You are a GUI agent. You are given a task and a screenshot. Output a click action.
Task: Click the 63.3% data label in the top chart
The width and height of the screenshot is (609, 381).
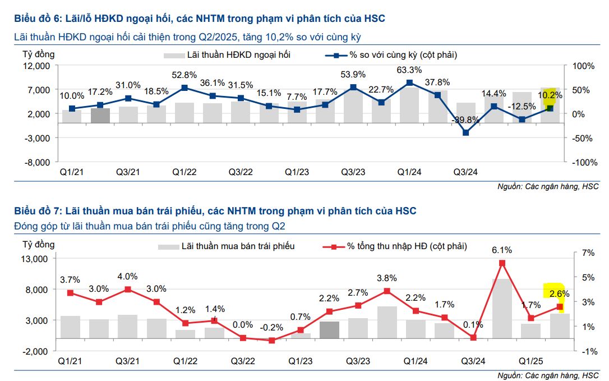pos(409,70)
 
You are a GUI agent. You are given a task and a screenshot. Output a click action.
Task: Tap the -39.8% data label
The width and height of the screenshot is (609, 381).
pos(465,120)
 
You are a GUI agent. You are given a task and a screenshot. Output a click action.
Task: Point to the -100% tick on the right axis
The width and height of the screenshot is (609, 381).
pos(583,162)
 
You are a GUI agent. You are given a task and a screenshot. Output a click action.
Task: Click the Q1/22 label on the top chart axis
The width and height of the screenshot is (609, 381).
pos(184,172)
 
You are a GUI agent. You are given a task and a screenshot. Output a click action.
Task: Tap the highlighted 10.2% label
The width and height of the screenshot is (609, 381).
pos(550,95)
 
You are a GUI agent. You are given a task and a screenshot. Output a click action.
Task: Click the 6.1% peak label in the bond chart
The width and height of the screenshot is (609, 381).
pos(502,250)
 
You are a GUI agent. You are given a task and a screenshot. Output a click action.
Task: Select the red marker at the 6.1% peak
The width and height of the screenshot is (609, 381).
pos(502,263)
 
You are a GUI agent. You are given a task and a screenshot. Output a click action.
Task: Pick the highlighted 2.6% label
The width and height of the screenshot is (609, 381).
pos(559,293)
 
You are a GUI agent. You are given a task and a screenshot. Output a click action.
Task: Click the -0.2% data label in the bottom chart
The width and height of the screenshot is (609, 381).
pos(271,328)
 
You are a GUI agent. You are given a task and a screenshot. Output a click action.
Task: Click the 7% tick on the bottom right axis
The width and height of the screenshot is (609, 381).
pos(588,253)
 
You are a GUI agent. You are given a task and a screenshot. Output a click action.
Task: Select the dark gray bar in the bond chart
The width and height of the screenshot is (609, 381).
pos(329,330)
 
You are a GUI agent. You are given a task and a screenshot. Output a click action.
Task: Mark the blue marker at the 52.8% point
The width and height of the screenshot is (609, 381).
pos(184,88)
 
